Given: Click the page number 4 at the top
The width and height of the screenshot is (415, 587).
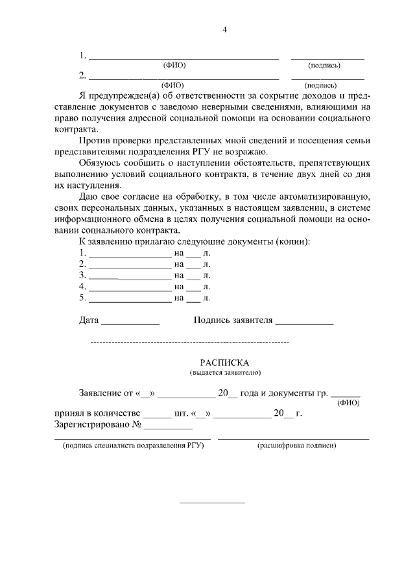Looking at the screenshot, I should pos(224,29).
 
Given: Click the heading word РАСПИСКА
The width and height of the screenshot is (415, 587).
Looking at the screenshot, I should pos(224,363).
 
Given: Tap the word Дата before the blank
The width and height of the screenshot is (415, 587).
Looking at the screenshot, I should pos(89,320).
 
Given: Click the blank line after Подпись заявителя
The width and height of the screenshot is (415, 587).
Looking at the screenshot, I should pos(304,322).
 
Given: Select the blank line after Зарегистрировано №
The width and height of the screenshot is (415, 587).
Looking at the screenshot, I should pos(168,428).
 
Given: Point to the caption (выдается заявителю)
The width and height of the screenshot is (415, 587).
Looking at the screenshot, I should pos(224,374).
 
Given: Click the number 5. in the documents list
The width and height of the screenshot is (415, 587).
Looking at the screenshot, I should pos(82,298).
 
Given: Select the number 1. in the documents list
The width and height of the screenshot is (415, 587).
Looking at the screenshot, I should pos(82,253).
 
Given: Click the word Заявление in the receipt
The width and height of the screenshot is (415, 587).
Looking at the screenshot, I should pos(100,393).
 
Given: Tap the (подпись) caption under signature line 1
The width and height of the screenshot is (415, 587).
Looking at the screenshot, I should pos(325,65).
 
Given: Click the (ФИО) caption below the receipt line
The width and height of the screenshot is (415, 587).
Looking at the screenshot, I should pos(348,403).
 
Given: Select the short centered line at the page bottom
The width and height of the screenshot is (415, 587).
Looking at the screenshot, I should pos(212,503).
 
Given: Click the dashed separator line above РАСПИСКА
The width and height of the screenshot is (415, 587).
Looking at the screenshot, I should pos(189,341).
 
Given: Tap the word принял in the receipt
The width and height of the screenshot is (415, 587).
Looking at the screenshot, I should pos(69,414).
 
